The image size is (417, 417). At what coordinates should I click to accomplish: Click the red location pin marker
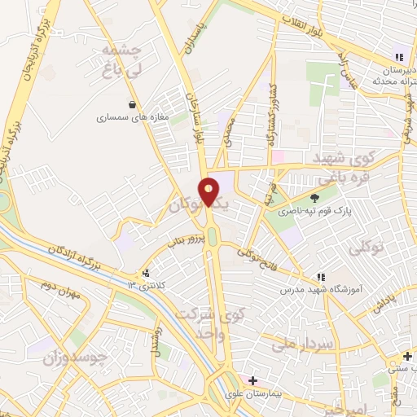click(208, 191)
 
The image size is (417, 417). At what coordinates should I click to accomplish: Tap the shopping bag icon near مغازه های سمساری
click(132, 104)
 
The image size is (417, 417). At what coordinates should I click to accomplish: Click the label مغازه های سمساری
click(132, 118)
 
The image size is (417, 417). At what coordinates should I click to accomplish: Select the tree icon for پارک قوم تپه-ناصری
click(315, 197)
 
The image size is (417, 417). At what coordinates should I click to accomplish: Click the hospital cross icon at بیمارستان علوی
click(252, 380)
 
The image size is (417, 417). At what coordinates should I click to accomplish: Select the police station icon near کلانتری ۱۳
click(146, 273)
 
